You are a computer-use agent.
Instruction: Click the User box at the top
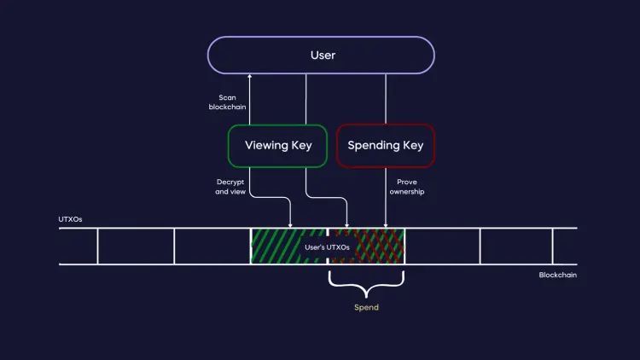322,55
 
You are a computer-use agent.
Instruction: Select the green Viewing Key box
278,145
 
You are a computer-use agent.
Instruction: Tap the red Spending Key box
385,145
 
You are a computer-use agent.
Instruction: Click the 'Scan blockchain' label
227,102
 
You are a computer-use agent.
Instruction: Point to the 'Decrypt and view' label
230,187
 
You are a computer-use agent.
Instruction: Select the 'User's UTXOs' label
327,247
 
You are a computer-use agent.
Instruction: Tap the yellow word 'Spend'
366,307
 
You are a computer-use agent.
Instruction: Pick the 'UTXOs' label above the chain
71,219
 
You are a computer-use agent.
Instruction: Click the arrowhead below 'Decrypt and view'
291,224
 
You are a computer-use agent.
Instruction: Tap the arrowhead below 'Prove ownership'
386,224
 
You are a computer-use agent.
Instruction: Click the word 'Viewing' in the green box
264,145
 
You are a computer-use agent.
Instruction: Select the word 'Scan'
227,97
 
